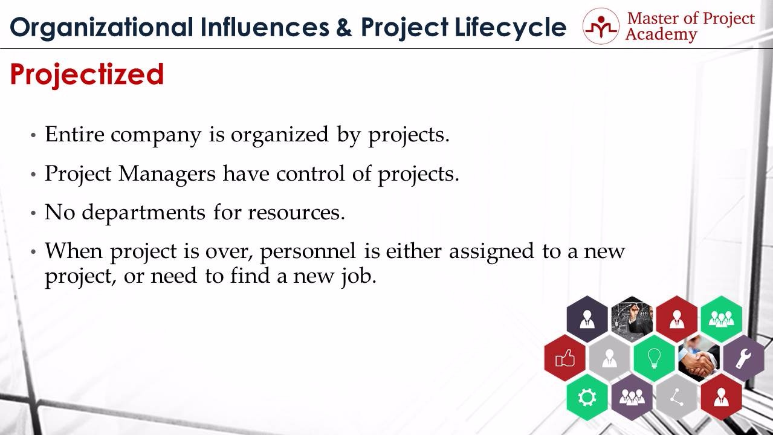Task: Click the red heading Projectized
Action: (x=87, y=75)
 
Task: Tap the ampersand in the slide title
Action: (x=344, y=27)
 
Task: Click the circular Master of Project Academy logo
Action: (x=601, y=26)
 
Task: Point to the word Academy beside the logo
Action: (x=661, y=35)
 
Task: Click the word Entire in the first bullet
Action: (x=74, y=134)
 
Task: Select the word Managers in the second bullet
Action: (x=167, y=173)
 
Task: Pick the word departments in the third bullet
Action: (x=144, y=213)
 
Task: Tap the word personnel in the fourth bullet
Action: (x=308, y=251)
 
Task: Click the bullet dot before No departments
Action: (x=33, y=213)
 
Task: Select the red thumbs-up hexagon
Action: (x=565, y=358)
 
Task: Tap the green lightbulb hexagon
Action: (x=655, y=358)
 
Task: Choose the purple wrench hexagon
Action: (x=743, y=358)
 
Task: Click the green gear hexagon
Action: (x=587, y=397)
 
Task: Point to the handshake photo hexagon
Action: (x=699, y=358)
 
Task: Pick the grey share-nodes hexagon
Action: (x=677, y=397)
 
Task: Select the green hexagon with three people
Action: (x=721, y=319)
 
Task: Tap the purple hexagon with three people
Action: (x=632, y=397)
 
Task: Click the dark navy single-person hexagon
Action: (x=587, y=319)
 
